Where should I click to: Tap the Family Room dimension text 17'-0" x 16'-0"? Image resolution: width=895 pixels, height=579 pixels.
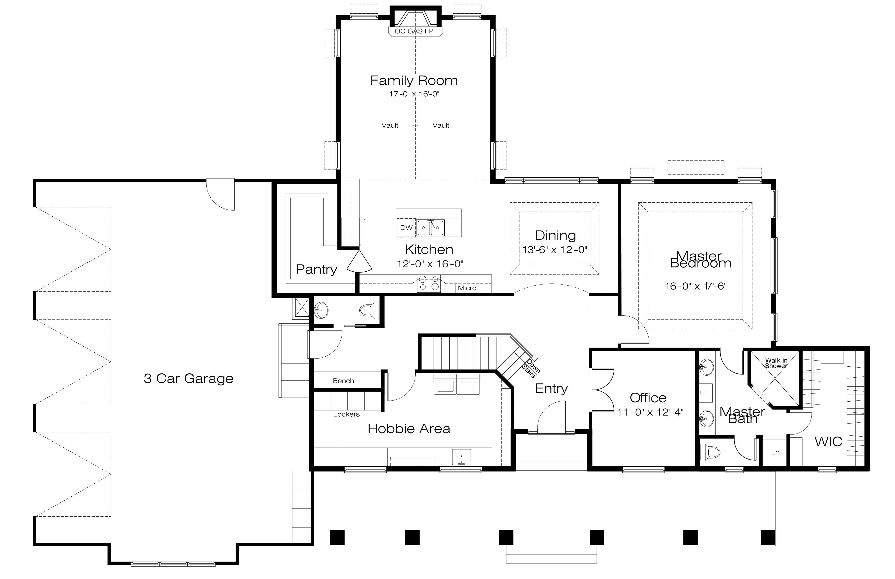tap(414, 94)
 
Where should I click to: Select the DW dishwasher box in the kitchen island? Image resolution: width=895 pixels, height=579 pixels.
tap(406, 227)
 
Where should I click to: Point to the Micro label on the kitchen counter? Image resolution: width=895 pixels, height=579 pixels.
tap(467, 288)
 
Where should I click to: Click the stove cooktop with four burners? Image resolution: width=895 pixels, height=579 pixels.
tap(429, 283)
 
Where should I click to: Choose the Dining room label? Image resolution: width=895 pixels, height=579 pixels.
tap(555, 235)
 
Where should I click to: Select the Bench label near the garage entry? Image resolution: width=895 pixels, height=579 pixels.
tap(343, 381)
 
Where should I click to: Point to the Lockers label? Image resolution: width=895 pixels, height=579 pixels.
tap(346, 414)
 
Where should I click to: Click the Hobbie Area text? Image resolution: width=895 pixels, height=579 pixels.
tap(409, 429)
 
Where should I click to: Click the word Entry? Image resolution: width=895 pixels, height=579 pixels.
tap(551, 389)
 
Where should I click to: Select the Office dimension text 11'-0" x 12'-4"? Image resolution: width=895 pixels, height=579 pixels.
tap(650, 412)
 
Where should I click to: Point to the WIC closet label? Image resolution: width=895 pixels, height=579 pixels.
tap(828, 442)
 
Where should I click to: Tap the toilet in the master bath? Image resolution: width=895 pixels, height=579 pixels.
tap(710, 451)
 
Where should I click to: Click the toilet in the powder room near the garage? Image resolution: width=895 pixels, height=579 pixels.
tap(370, 310)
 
